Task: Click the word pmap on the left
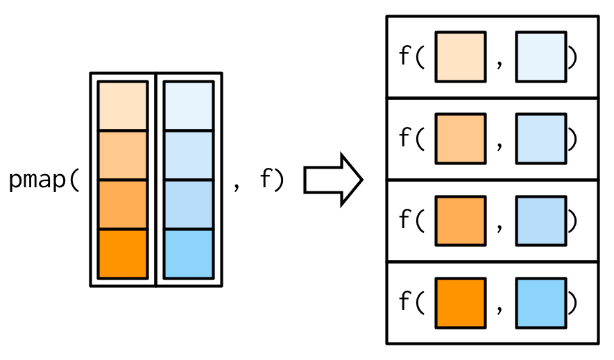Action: click(38, 181)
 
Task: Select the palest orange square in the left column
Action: click(123, 106)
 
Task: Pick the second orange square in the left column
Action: click(123, 155)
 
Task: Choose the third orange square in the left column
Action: click(123, 205)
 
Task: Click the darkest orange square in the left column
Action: click(123, 254)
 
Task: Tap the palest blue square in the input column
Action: click(188, 106)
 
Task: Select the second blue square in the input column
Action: click(188, 155)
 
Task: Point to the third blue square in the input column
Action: click(188, 205)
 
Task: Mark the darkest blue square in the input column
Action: click(188, 254)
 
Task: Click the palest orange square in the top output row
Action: click(460, 57)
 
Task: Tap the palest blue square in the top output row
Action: click(541, 57)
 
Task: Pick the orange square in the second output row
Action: click(460, 139)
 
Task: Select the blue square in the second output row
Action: click(541, 139)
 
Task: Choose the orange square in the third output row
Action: click(460, 221)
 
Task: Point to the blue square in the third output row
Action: click(541, 221)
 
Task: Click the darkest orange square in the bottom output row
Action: click(460, 302)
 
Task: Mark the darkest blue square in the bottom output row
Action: click(541, 302)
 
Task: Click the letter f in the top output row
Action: click(405, 57)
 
